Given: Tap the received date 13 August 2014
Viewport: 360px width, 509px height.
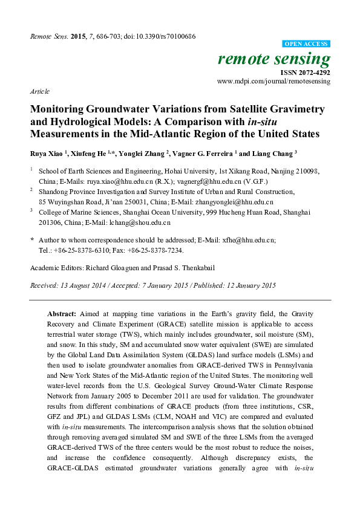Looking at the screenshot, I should tap(84, 285).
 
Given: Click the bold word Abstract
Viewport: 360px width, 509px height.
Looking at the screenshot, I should tap(62, 315).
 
